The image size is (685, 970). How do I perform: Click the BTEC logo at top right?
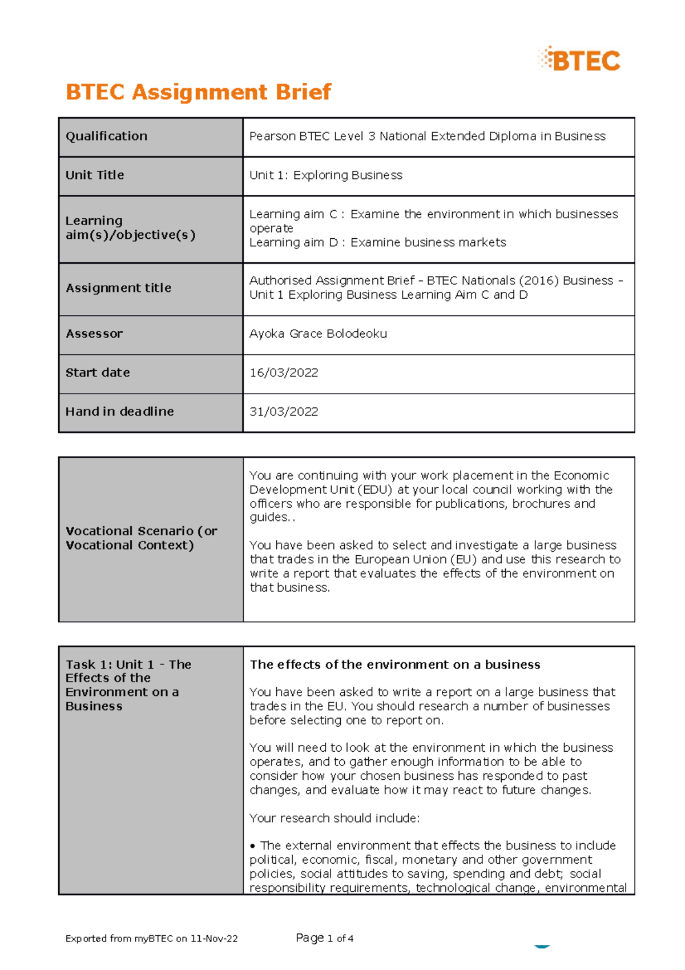click(579, 60)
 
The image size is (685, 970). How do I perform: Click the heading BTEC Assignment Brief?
click(198, 92)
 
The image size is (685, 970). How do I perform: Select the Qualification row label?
click(106, 137)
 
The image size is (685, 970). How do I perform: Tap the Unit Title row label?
click(95, 175)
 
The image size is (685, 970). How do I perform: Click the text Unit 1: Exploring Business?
click(325, 175)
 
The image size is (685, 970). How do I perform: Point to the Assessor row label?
click(94, 334)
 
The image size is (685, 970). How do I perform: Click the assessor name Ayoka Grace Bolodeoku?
click(318, 334)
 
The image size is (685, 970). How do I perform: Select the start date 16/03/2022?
click(284, 373)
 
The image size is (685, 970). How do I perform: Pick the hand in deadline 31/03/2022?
click(284, 412)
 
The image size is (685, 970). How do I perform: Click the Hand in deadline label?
click(119, 412)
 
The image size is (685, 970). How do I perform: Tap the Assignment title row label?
click(118, 288)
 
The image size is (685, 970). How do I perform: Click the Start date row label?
click(98, 373)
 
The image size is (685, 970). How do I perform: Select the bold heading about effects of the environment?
click(394, 665)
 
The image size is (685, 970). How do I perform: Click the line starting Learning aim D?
click(377, 243)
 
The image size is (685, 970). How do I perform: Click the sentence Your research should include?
click(335, 818)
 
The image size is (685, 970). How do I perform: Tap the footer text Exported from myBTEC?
click(151, 939)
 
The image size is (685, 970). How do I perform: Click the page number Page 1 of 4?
click(324, 938)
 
